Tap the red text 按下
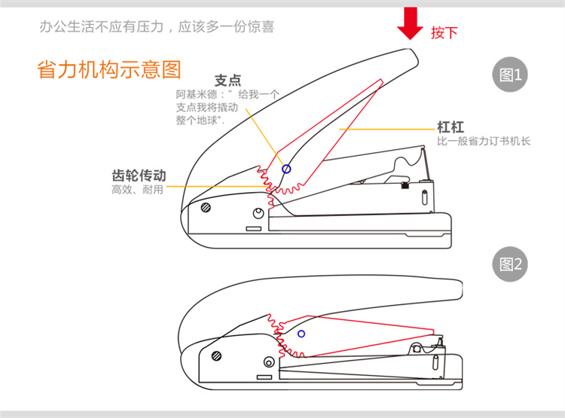444,32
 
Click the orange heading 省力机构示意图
109,70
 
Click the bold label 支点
228,80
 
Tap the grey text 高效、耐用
137,190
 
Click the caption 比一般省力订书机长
484,142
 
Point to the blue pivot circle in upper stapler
286,169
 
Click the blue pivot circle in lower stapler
301,332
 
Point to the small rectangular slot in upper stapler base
254,227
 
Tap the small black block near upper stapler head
406,185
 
